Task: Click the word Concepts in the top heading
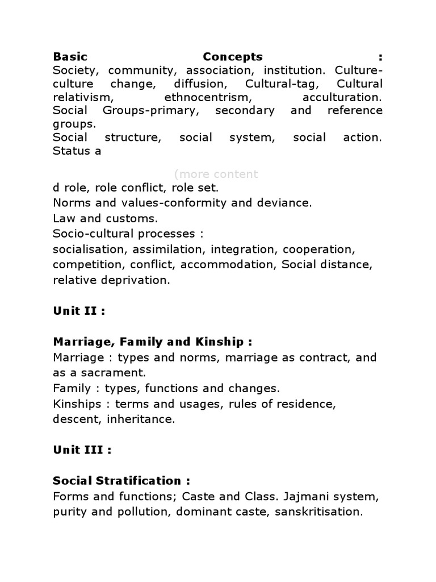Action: tap(233, 57)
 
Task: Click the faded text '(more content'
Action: tap(216, 174)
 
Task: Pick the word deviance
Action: tap(286, 203)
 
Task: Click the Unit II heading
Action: tap(79, 311)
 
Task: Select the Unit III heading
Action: tap(82, 450)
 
